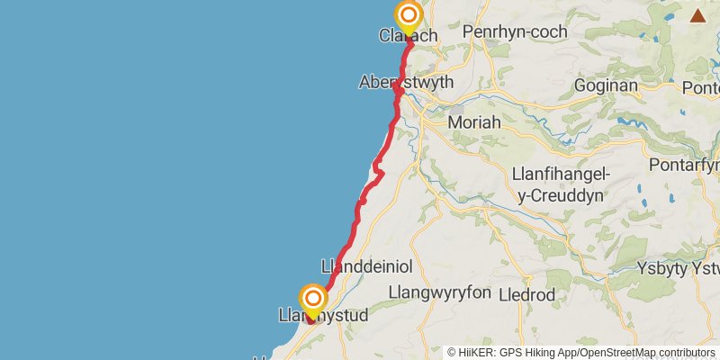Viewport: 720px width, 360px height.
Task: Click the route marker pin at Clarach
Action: point(409,16)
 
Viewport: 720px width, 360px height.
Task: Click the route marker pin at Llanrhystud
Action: point(313,299)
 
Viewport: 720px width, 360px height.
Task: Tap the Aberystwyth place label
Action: point(405,81)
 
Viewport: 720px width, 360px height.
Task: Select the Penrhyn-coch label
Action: point(515,32)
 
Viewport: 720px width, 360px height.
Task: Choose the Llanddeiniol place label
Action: point(366,266)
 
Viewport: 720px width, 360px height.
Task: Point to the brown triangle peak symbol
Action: point(697,14)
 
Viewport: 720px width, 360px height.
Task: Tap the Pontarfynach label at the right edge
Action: point(688,166)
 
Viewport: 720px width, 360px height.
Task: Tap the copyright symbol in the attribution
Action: point(452,352)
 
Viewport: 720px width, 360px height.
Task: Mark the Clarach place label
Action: point(409,36)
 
